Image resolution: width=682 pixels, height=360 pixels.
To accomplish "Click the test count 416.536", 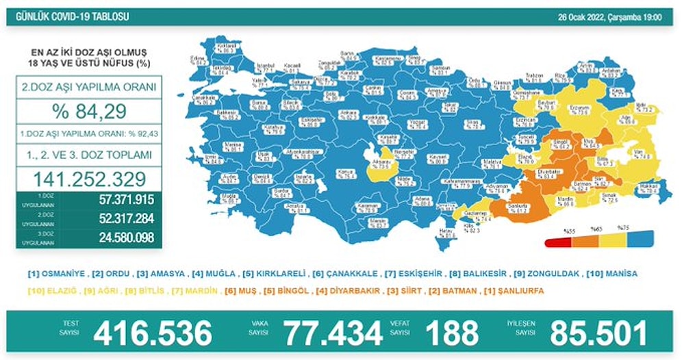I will tap(153, 333).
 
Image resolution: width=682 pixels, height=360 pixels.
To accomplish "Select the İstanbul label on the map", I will tap(265, 66).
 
